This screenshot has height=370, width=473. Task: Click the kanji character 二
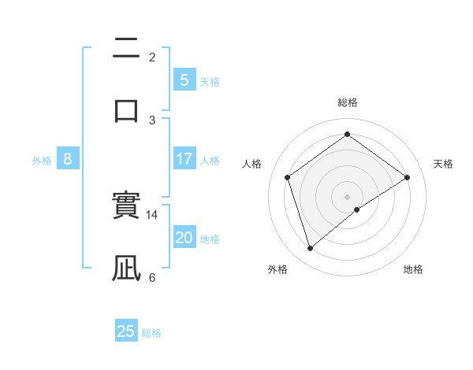tap(126, 48)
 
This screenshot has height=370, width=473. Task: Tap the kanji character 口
tap(126, 109)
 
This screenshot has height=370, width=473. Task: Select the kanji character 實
tap(126, 206)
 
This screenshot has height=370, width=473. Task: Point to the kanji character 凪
tap(126, 268)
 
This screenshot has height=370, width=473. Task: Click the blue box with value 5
tap(184, 80)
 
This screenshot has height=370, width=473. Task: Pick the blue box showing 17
tap(184, 159)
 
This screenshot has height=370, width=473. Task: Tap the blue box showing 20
tap(184, 238)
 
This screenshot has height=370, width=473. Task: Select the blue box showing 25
tap(126, 331)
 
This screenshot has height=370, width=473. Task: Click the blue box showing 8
tap(68, 159)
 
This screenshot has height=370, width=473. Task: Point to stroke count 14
tap(152, 214)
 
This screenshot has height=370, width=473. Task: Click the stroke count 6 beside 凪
tap(151, 277)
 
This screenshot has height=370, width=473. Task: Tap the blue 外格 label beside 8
tap(42, 161)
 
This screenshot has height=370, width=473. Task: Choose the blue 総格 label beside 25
tap(151, 333)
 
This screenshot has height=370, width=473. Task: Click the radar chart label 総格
tap(347, 102)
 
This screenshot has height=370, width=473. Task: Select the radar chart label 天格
tap(443, 164)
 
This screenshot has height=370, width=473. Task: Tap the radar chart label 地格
tap(413, 269)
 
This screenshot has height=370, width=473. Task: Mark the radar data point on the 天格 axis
tap(407, 177)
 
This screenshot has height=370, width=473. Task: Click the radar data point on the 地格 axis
tap(357, 209)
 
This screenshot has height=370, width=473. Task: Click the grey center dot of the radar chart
tap(347, 196)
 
